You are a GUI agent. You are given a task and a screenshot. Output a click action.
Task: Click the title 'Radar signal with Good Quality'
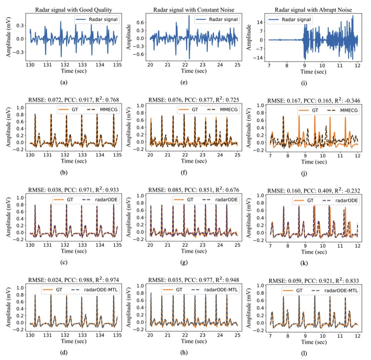pos(74,10)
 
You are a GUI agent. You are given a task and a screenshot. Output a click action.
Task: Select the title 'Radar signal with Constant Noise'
pos(194,10)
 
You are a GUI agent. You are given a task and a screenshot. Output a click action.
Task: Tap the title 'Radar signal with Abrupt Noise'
pos(313,10)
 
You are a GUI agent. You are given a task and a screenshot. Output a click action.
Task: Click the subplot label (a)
pos(64,82)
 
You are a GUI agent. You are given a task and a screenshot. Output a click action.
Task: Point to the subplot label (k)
pos(304,263)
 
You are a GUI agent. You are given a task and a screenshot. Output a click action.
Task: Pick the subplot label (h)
pos(184,353)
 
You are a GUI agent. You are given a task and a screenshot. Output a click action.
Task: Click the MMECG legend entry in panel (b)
pos(103,110)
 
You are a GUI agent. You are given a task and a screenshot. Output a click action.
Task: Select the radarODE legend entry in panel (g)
pos(220,200)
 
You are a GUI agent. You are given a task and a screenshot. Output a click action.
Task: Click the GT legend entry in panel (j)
pos(308,110)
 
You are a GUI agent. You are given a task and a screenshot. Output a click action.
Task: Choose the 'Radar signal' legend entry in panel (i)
pos(290,20)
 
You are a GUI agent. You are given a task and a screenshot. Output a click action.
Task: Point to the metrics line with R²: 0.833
pos(314,281)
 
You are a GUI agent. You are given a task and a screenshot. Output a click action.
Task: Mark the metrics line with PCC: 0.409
pos(314,191)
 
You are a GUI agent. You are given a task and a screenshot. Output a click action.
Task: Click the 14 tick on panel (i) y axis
pos(260,23)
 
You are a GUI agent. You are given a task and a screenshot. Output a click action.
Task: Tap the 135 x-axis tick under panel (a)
pos(117,65)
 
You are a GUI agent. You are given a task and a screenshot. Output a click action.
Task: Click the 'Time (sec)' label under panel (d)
pos(74,341)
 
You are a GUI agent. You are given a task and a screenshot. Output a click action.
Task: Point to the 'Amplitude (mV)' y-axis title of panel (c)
pos(9,217)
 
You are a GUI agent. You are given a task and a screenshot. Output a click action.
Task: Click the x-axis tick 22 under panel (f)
pos(185,155)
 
